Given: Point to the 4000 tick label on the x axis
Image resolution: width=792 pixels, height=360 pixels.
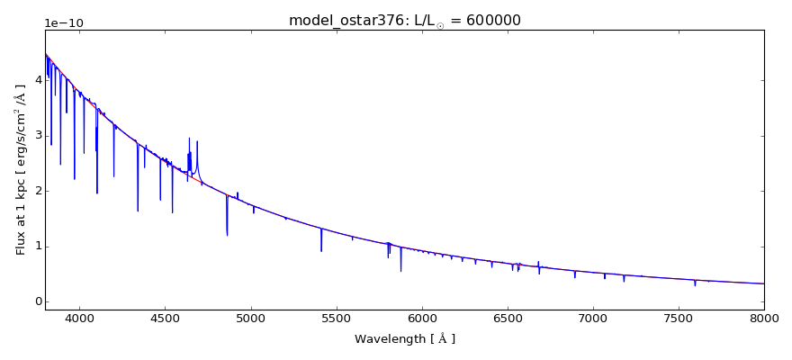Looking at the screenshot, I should [x=79, y=318].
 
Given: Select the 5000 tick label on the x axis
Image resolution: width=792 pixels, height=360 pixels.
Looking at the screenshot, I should [x=250, y=318].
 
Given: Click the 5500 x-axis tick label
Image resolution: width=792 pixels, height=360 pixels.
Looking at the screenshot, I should [x=336, y=318].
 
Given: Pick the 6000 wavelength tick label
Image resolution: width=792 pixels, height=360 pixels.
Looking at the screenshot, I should [x=421, y=318].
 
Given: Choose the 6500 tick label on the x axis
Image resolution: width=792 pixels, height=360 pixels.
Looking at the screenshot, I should [x=507, y=318].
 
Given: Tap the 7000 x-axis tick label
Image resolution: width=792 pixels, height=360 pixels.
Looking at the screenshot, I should [x=593, y=318].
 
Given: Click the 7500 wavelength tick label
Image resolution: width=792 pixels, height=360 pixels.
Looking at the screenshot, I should [x=679, y=318].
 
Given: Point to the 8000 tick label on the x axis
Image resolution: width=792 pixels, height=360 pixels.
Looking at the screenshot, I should [x=764, y=318].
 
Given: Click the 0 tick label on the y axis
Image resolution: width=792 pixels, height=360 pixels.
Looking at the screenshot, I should [x=36, y=301].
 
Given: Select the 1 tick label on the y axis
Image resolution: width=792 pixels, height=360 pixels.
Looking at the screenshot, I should [x=36, y=247].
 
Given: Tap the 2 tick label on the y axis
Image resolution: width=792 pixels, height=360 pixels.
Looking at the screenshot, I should [x=36, y=191].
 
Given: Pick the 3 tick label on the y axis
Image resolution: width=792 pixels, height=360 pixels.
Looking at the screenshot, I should [x=36, y=136].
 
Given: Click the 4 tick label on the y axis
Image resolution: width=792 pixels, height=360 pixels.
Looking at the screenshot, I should [x=36, y=80].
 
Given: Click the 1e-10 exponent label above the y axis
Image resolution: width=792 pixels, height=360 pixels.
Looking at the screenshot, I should [x=63, y=22].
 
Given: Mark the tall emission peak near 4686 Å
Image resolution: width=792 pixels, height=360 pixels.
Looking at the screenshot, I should [x=197, y=142].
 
